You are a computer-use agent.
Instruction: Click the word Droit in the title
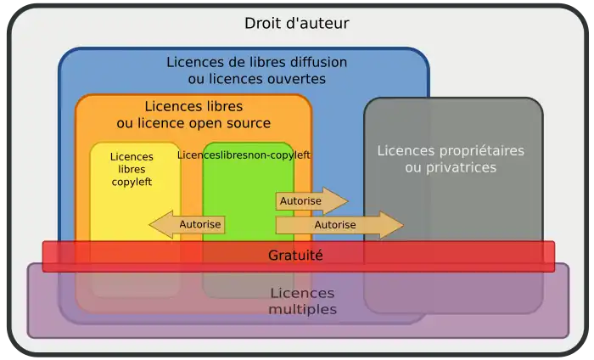(x=263, y=24)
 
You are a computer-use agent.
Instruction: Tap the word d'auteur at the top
(x=317, y=24)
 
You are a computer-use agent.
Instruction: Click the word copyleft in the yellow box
(x=132, y=181)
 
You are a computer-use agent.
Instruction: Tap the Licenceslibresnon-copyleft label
(x=244, y=155)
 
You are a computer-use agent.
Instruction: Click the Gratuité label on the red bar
(x=295, y=255)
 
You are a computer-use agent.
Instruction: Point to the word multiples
(x=302, y=309)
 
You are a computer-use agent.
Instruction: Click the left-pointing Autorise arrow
(x=188, y=225)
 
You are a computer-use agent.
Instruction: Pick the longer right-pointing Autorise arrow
(x=338, y=225)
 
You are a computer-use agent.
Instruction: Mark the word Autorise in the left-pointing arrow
(x=200, y=225)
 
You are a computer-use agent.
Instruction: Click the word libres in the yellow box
(x=132, y=169)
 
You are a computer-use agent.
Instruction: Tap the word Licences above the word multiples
(x=302, y=293)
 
